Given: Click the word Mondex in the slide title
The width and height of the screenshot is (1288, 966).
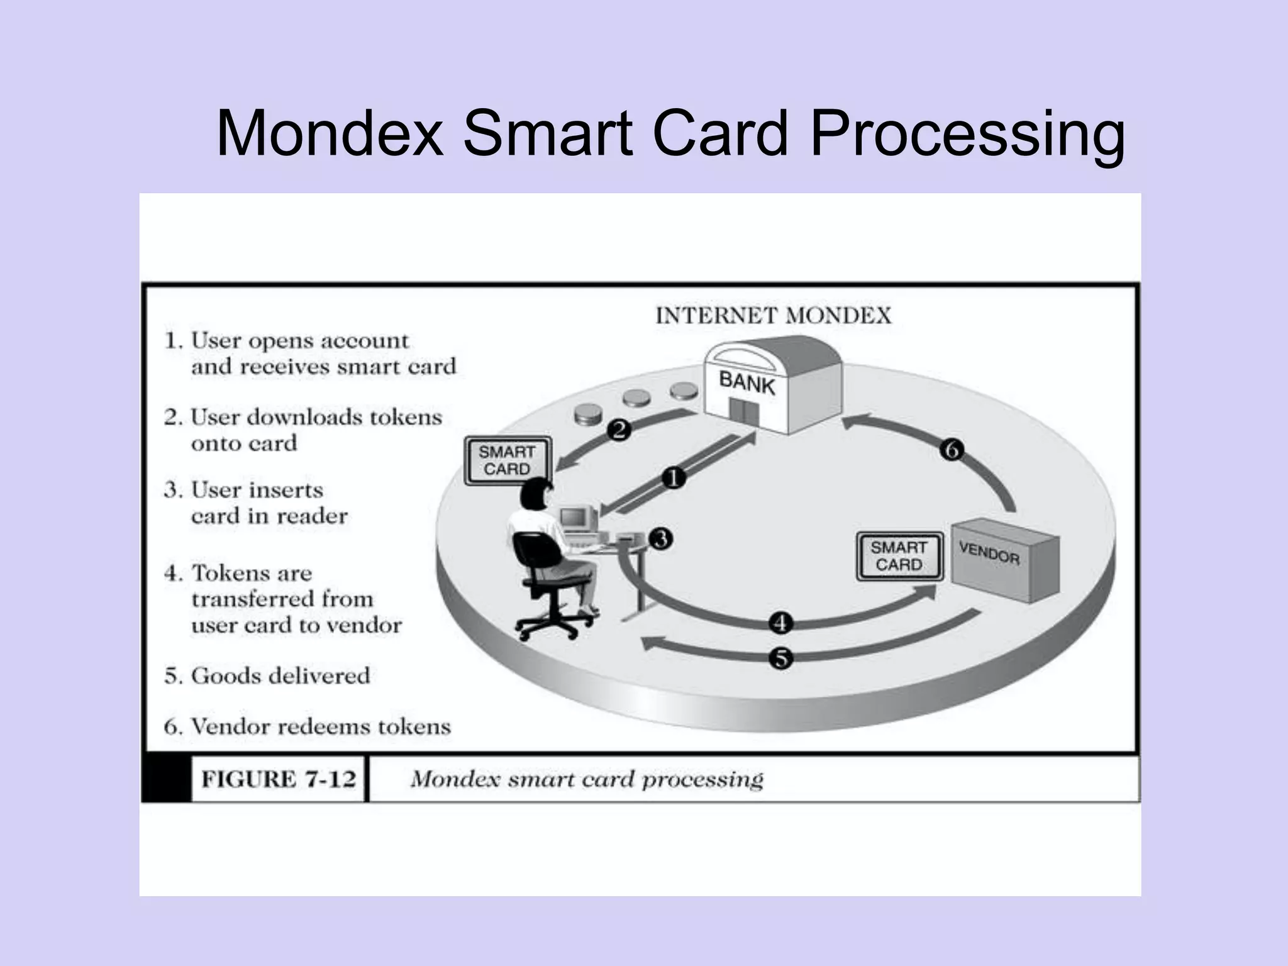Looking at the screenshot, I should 330,133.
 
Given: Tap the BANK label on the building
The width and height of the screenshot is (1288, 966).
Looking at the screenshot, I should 747,382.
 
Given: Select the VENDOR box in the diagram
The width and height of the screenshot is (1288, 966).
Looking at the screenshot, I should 1005,558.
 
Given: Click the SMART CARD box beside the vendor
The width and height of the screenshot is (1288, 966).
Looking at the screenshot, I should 899,556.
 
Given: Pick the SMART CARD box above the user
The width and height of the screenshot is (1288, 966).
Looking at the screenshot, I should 507,460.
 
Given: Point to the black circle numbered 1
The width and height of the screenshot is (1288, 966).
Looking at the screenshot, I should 674,478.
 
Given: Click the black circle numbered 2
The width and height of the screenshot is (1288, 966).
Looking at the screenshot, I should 619,430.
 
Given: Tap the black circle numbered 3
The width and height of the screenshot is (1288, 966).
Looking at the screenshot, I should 661,538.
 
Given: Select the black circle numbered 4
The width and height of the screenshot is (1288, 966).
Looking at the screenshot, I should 780,623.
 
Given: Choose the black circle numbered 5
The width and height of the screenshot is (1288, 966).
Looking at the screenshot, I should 780,658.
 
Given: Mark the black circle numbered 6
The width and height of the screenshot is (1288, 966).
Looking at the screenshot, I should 951,450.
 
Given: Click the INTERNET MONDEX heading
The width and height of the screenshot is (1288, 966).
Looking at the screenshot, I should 773,315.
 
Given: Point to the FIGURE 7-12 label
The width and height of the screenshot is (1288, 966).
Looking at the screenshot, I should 278,779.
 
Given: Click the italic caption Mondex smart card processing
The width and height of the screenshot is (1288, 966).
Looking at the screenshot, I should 586,779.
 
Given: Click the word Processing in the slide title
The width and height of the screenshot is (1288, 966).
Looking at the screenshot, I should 967,133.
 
